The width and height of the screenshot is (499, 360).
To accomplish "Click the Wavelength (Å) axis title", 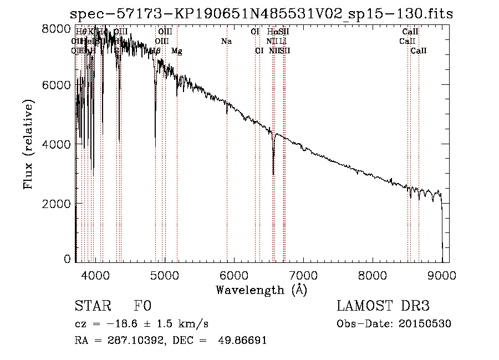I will point(261,289).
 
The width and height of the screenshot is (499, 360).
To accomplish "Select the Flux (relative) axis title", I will point(28,144).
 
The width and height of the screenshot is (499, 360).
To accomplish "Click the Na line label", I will point(226,42).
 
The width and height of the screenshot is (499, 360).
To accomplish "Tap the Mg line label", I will point(176,51).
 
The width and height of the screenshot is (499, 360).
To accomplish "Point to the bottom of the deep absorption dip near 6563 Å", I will point(273,174).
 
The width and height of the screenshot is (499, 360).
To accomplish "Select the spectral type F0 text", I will point(142,306).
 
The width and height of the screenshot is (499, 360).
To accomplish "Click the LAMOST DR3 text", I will point(383,306).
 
